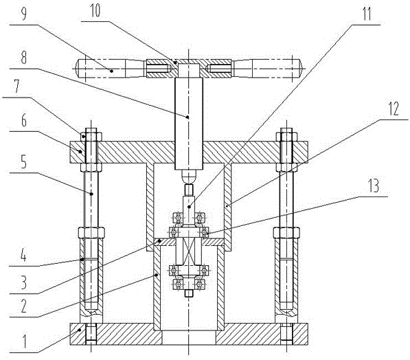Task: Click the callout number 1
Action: [x=24, y=341]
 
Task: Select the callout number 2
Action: [x=24, y=306]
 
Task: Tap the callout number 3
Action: [x=24, y=282]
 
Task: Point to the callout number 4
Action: [x=23, y=256]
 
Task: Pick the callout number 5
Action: [x=24, y=162]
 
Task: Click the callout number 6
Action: [x=24, y=121]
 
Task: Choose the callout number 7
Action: [x=17, y=87]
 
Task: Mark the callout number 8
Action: [x=24, y=58]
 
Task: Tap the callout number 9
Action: [x=23, y=14]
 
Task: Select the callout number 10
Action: [x=95, y=12]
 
